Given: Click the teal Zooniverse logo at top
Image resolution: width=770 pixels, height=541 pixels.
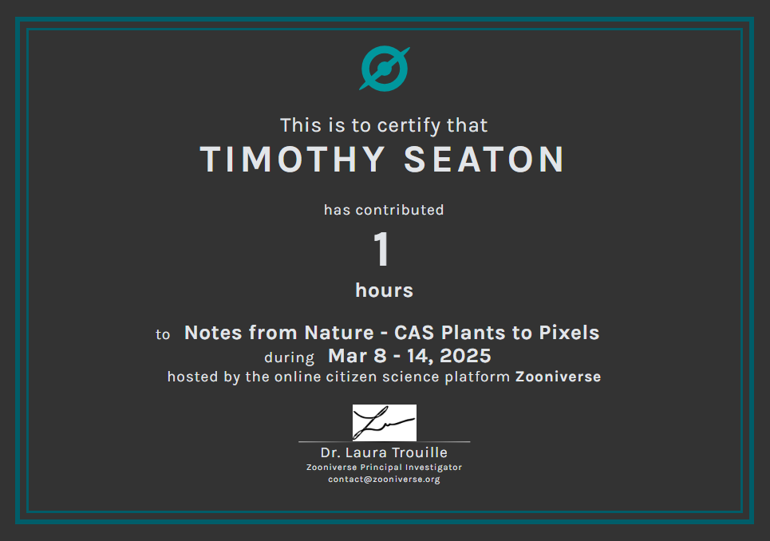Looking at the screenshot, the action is [x=384, y=69].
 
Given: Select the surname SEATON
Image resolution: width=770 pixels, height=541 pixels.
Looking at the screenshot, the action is [x=484, y=160].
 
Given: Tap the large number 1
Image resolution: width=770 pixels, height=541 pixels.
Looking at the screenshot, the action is [x=381, y=249].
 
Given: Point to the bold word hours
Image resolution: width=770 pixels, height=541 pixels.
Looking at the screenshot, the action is [x=384, y=290].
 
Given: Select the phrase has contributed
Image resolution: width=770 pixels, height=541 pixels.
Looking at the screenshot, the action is [x=384, y=210].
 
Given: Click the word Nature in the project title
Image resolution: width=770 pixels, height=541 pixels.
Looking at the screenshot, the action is [x=339, y=333].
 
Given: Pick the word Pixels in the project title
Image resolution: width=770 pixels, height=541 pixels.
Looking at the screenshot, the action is [x=569, y=333].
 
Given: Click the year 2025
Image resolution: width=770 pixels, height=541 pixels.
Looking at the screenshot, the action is [x=465, y=356].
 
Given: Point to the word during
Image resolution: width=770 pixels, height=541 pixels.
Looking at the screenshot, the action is [x=289, y=357].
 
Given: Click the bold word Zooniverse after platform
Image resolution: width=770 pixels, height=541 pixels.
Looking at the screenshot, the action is [x=558, y=377].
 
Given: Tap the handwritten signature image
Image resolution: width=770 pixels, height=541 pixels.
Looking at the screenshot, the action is [x=385, y=423].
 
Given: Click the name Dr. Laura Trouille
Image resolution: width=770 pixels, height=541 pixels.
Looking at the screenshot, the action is [x=384, y=452].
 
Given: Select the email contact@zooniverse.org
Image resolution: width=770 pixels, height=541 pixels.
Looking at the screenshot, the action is [x=384, y=479].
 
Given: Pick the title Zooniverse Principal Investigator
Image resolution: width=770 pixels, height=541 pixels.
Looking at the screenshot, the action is [x=384, y=468].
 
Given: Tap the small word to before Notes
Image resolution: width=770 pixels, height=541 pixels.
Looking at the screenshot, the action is [x=163, y=335].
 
